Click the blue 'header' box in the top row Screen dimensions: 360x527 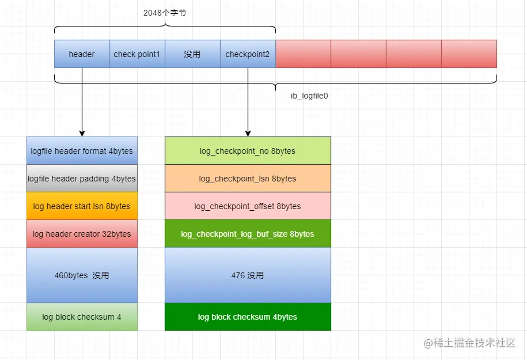[x=82, y=54]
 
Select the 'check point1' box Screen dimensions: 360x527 [x=137, y=54]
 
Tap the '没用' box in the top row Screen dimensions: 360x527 [x=192, y=54]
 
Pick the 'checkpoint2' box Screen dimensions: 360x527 [x=248, y=54]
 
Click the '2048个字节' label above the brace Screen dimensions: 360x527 [x=165, y=13]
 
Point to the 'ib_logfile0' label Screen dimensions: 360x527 [x=309, y=96]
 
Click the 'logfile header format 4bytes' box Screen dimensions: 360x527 [x=82, y=151]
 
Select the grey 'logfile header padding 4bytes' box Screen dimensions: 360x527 [x=82, y=179]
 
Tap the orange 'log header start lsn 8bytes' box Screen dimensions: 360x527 [x=82, y=206]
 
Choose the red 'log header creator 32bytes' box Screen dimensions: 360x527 [x=82, y=234]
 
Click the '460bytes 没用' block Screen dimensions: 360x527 [x=82, y=275]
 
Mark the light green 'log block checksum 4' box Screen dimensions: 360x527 [x=82, y=317]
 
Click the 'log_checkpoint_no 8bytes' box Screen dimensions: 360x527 [x=248, y=151]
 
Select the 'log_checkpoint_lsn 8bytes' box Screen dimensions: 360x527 [x=248, y=179]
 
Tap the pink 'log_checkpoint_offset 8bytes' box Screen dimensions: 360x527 [x=248, y=206]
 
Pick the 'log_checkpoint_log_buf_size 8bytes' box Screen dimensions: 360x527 [x=248, y=234]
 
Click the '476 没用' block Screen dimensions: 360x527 [x=248, y=275]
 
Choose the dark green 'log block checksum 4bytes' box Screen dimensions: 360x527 [x=248, y=317]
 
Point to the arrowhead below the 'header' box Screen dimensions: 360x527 [x=82, y=133]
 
